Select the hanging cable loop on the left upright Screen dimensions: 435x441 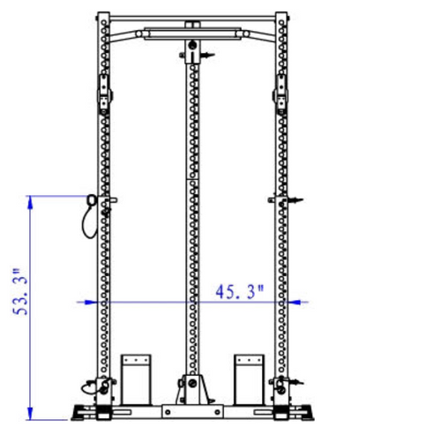pos(88,216)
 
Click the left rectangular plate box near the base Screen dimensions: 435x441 pos(137,377)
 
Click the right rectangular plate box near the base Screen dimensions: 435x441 pos(250,377)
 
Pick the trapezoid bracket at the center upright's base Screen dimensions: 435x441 pos(192,387)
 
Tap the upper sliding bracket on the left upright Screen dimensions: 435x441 pos(104,91)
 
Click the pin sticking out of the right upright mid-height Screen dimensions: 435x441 pos(295,201)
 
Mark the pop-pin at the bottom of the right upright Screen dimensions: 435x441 pos(295,383)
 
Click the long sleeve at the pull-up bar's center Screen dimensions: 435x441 pos(191,35)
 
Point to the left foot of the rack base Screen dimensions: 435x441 pos(84,412)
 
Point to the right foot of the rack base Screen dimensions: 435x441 pos(303,412)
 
